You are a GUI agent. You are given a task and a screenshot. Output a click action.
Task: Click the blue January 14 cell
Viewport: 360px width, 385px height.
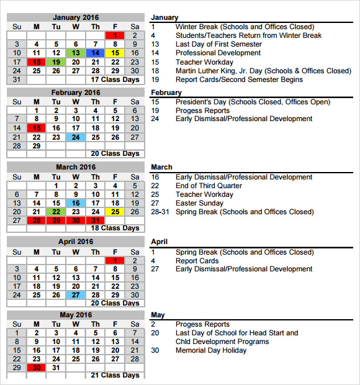pyautogui.click(x=96, y=53)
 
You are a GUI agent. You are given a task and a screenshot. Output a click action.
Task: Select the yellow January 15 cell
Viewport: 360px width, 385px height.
pyautogui.click(x=115, y=53)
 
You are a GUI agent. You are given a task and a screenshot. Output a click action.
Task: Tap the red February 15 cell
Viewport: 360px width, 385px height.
pyautogui.click(x=37, y=128)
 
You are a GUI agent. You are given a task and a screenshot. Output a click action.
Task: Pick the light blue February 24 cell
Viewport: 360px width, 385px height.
pyautogui.click(x=76, y=137)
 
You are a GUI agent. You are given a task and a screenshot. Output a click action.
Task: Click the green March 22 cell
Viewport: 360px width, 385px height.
pyautogui.click(x=56, y=212)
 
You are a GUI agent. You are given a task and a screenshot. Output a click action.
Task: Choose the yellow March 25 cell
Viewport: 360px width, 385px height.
pyautogui.click(x=115, y=212)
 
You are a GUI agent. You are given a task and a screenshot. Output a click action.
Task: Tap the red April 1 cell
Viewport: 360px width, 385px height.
pyautogui.click(x=115, y=260)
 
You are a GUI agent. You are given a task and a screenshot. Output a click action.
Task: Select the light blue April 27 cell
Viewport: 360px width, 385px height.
pyautogui.click(x=76, y=295)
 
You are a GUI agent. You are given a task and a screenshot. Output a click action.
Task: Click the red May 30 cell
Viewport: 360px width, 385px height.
pyautogui.click(x=37, y=368)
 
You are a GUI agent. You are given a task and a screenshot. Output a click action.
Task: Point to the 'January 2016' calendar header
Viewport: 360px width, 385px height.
pyautogui.click(x=76, y=17)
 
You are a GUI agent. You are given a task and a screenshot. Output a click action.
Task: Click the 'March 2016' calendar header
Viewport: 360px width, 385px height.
pyautogui.click(x=76, y=167)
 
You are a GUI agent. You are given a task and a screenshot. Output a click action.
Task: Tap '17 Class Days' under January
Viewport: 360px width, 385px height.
pyautogui.click(x=115, y=79)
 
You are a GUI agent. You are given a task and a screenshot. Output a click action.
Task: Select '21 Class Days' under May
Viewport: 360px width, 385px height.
pyautogui.click(x=115, y=376)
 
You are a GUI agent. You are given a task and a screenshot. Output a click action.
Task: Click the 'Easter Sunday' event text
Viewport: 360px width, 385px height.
pyautogui.click(x=199, y=203)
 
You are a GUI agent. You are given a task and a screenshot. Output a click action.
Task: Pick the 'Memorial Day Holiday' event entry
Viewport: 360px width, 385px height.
pyautogui.click(x=211, y=350)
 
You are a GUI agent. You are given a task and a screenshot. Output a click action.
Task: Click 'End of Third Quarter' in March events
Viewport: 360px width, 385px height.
pyautogui.click(x=209, y=186)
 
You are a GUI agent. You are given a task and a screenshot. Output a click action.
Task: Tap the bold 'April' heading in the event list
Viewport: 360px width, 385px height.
pyautogui.click(x=160, y=242)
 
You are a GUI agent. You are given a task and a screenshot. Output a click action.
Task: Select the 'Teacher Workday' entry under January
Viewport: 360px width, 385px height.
pyautogui.click(x=204, y=62)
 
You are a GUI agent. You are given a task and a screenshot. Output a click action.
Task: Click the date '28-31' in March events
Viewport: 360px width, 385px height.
pyautogui.click(x=159, y=212)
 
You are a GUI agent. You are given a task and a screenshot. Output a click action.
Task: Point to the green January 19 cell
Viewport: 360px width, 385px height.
pyautogui.click(x=56, y=62)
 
